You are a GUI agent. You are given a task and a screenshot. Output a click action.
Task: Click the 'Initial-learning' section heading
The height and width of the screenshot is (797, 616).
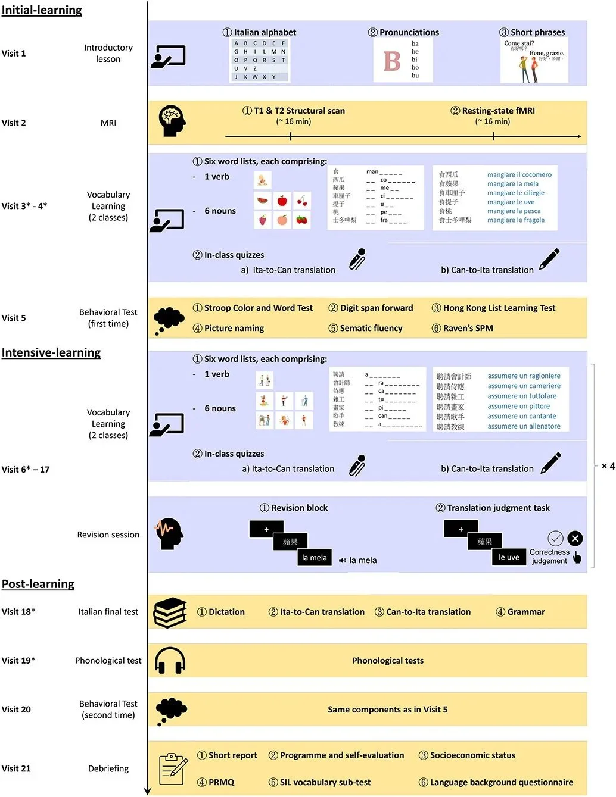[x=42, y=10]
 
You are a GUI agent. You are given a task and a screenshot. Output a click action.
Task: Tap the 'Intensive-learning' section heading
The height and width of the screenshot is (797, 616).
[x=51, y=352]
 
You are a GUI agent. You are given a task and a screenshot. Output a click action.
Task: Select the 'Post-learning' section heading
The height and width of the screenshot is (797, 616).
[x=38, y=584]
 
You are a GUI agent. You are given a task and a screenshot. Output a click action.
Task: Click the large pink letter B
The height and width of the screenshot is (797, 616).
[x=392, y=61]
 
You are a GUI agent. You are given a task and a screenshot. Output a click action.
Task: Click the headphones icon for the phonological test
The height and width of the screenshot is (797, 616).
[x=170, y=661]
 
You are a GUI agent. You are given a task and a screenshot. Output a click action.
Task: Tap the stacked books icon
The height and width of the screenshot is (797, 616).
[x=170, y=612]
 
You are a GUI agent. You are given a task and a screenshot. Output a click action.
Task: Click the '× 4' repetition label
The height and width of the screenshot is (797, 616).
[x=608, y=466]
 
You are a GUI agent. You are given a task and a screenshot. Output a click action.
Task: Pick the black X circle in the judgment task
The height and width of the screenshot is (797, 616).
[x=575, y=539]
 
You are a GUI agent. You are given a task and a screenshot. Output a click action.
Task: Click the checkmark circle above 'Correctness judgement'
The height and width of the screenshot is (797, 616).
[x=555, y=539]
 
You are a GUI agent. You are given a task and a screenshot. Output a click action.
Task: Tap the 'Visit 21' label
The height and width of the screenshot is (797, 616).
[x=16, y=768]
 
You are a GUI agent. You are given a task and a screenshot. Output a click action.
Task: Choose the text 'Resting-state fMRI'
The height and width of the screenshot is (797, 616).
[x=498, y=111]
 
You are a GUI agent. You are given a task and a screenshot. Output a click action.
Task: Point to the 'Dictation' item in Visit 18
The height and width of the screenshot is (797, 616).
[x=226, y=612]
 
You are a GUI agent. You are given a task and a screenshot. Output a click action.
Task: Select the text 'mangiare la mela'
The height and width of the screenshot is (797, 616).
[x=512, y=184]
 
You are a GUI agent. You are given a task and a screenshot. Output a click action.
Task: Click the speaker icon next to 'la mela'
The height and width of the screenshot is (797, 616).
[x=343, y=561]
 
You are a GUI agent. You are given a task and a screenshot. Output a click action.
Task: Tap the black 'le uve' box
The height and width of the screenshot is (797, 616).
[x=509, y=557]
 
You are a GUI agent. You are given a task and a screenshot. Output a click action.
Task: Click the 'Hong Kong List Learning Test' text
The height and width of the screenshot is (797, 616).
[x=499, y=308]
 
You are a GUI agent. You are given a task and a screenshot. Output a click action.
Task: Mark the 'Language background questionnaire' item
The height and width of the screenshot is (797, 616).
[x=501, y=782]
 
